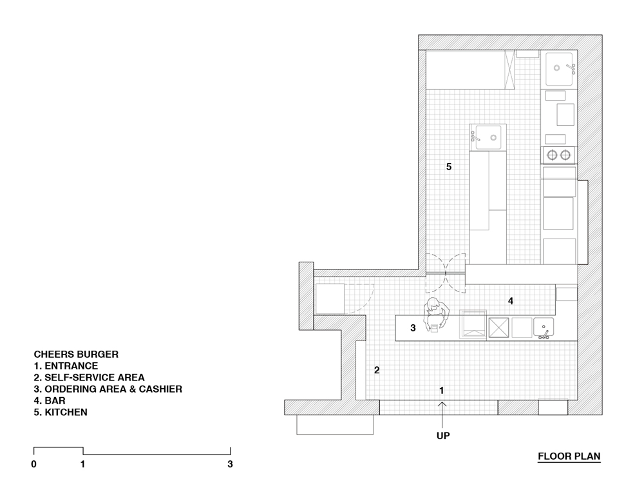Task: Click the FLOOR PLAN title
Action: (569, 456)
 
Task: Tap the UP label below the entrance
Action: (443, 436)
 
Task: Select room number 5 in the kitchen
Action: (449, 167)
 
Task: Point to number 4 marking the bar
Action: (511, 301)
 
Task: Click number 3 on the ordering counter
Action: (413, 328)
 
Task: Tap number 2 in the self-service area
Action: (377, 370)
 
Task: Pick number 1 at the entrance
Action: (442, 390)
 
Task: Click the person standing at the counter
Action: (435, 313)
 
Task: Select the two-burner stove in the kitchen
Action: (558, 155)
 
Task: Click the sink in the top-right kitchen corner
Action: (560, 69)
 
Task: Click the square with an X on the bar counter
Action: (498, 328)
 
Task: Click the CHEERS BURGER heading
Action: (76, 355)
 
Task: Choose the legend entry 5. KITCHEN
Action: (61, 412)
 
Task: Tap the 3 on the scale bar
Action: (230, 464)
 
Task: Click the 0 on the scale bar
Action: (33, 464)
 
